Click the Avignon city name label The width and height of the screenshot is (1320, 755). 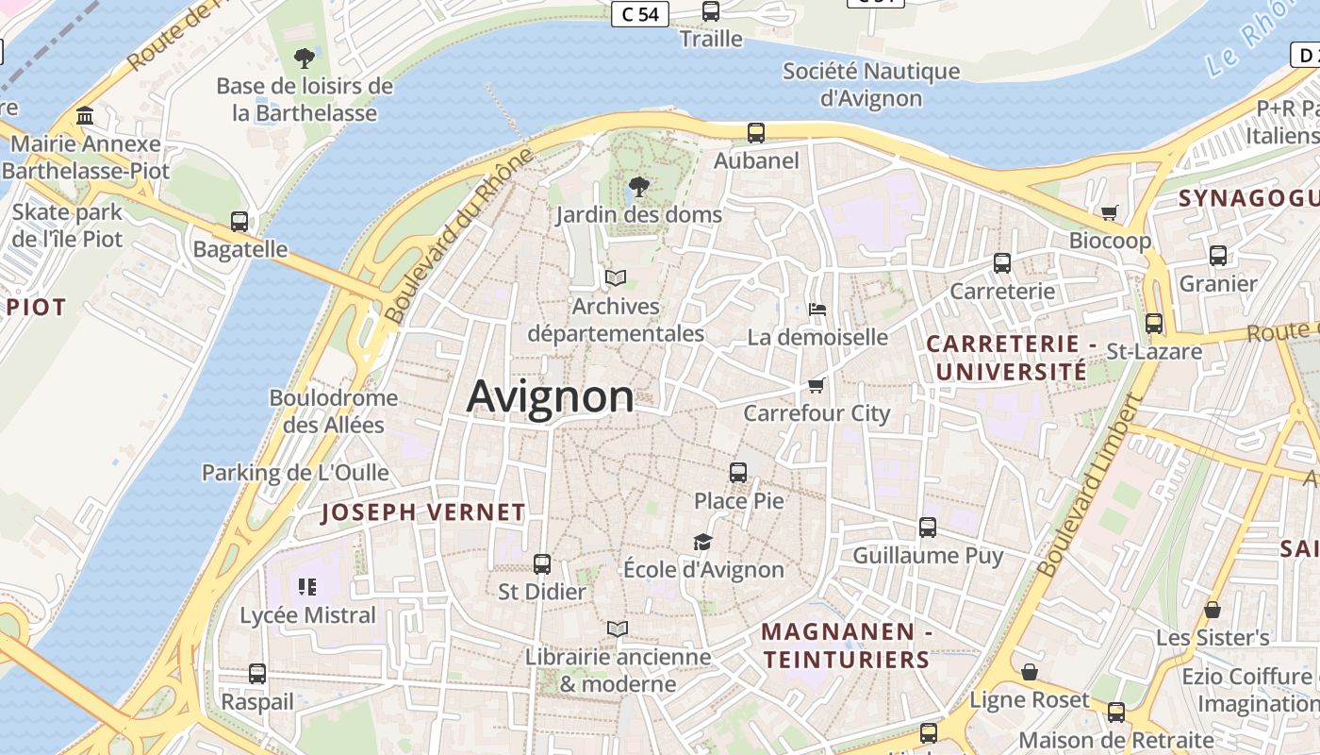click(551, 396)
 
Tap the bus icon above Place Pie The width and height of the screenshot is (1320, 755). click(738, 472)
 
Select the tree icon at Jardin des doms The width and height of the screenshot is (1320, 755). click(638, 186)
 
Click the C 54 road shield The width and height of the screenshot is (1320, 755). click(640, 14)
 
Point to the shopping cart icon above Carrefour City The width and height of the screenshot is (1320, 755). click(817, 385)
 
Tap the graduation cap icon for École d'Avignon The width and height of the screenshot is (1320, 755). click(702, 542)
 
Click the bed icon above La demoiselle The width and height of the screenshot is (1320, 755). click(817, 310)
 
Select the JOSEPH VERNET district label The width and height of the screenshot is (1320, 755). click(423, 512)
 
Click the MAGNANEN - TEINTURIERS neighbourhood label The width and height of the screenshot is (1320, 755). click(847, 646)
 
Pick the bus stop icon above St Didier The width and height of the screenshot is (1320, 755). click(541, 563)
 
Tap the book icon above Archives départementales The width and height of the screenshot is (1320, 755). click(616, 278)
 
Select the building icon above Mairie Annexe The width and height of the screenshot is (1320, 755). click(86, 116)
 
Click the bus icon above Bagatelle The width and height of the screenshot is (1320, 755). click(239, 222)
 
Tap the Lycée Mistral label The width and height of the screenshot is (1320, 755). click(308, 615)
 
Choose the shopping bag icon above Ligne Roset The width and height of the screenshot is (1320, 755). click(1030, 672)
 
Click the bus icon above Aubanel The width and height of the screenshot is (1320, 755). click(756, 133)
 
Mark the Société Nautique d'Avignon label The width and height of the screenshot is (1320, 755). click(871, 84)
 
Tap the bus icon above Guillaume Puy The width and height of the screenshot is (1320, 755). click(928, 528)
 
